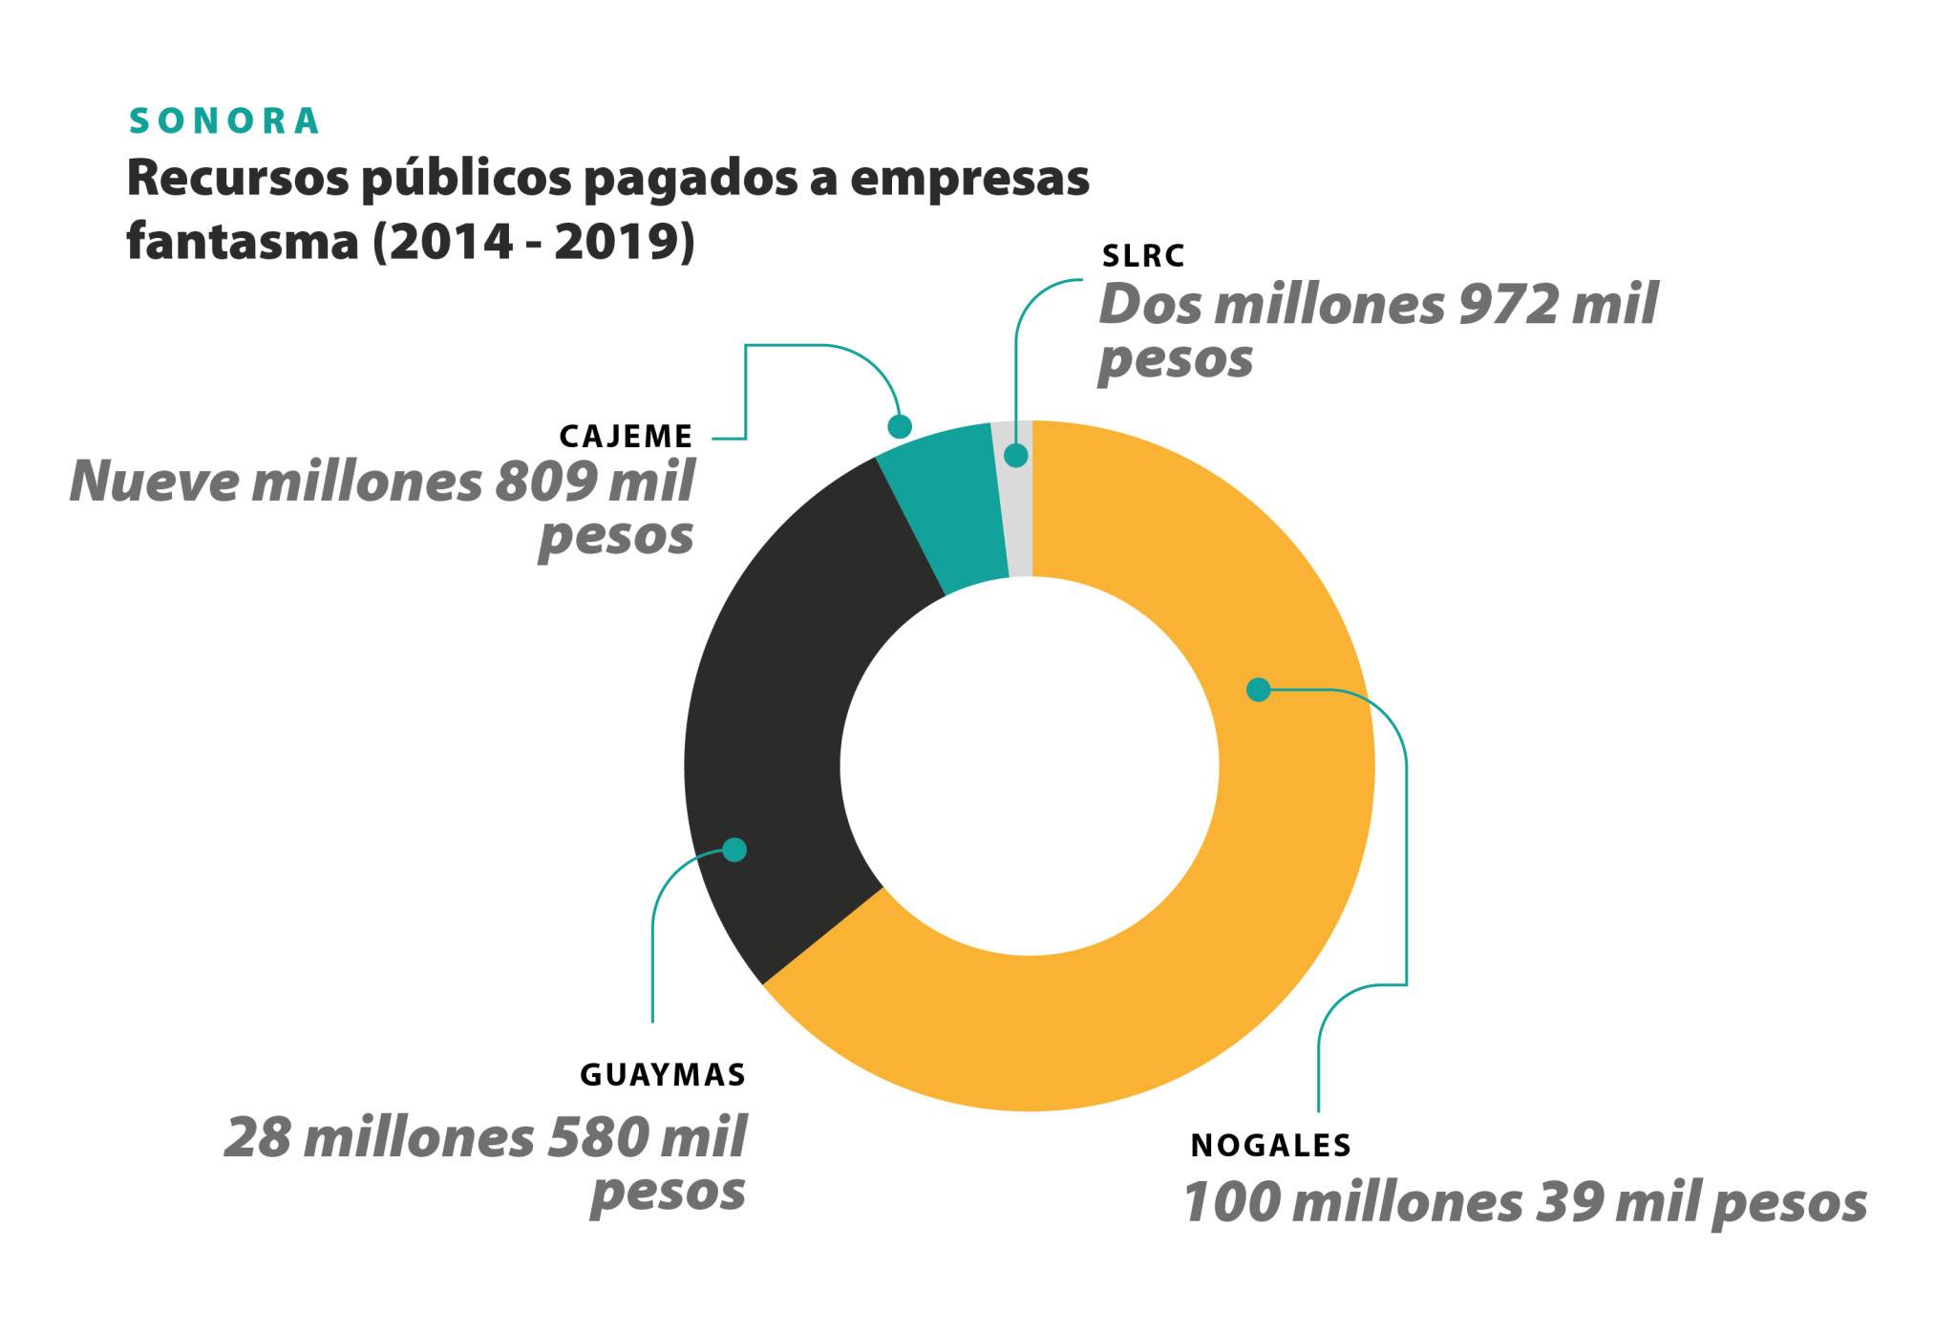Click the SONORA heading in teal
[x=224, y=121]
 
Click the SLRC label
[x=1143, y=256]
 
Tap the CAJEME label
[x=626, y=437]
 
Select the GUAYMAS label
[x=663, y=1075]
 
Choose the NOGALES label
[x=1270, y=1146]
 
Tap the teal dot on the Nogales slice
[x=1259, y=689]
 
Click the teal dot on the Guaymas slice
[x=733, y=849]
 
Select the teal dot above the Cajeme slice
[x=900, y=425]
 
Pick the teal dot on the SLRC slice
[x=1016, y=455]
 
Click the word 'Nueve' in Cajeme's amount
[x=153, y=482]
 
